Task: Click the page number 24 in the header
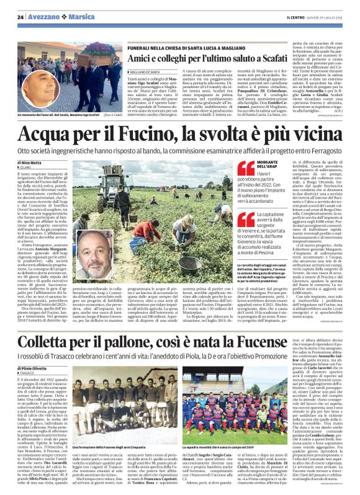pos(20,17)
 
